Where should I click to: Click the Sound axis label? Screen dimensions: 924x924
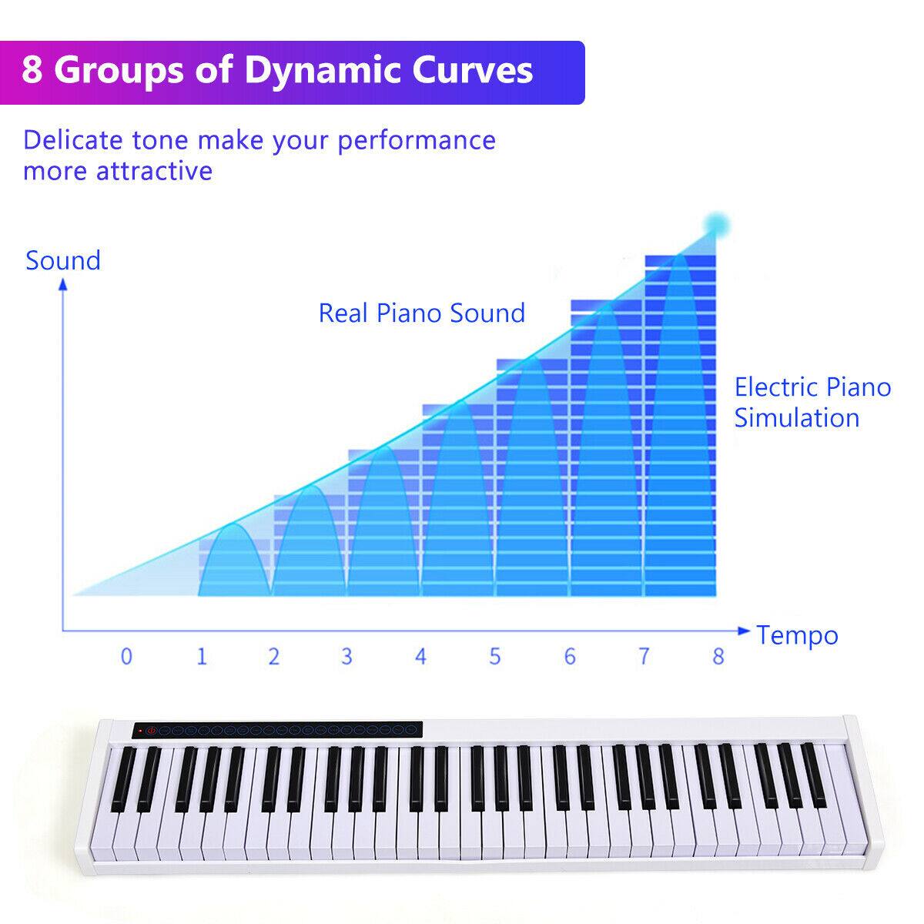click(x=63, y=260)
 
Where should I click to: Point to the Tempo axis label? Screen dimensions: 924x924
click(x=797, y=635)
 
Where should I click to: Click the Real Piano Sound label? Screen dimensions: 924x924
click(x=422, y=313)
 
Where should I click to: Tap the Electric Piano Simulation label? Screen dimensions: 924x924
click(x=812, y=402)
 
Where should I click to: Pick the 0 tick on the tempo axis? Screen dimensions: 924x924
click(x=126, y=656)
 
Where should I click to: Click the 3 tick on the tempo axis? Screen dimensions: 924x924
click(x=346, y=656)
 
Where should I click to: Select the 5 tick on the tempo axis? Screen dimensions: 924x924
click(x=494, y=656)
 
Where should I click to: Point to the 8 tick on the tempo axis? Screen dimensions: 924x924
click(x=718, y=656)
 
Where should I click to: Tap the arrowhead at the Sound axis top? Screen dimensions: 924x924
click(x=64, y=284)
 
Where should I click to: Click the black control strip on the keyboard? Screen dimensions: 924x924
click(x=277, y=729)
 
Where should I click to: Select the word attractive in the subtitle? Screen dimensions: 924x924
click(x=154, y=170)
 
